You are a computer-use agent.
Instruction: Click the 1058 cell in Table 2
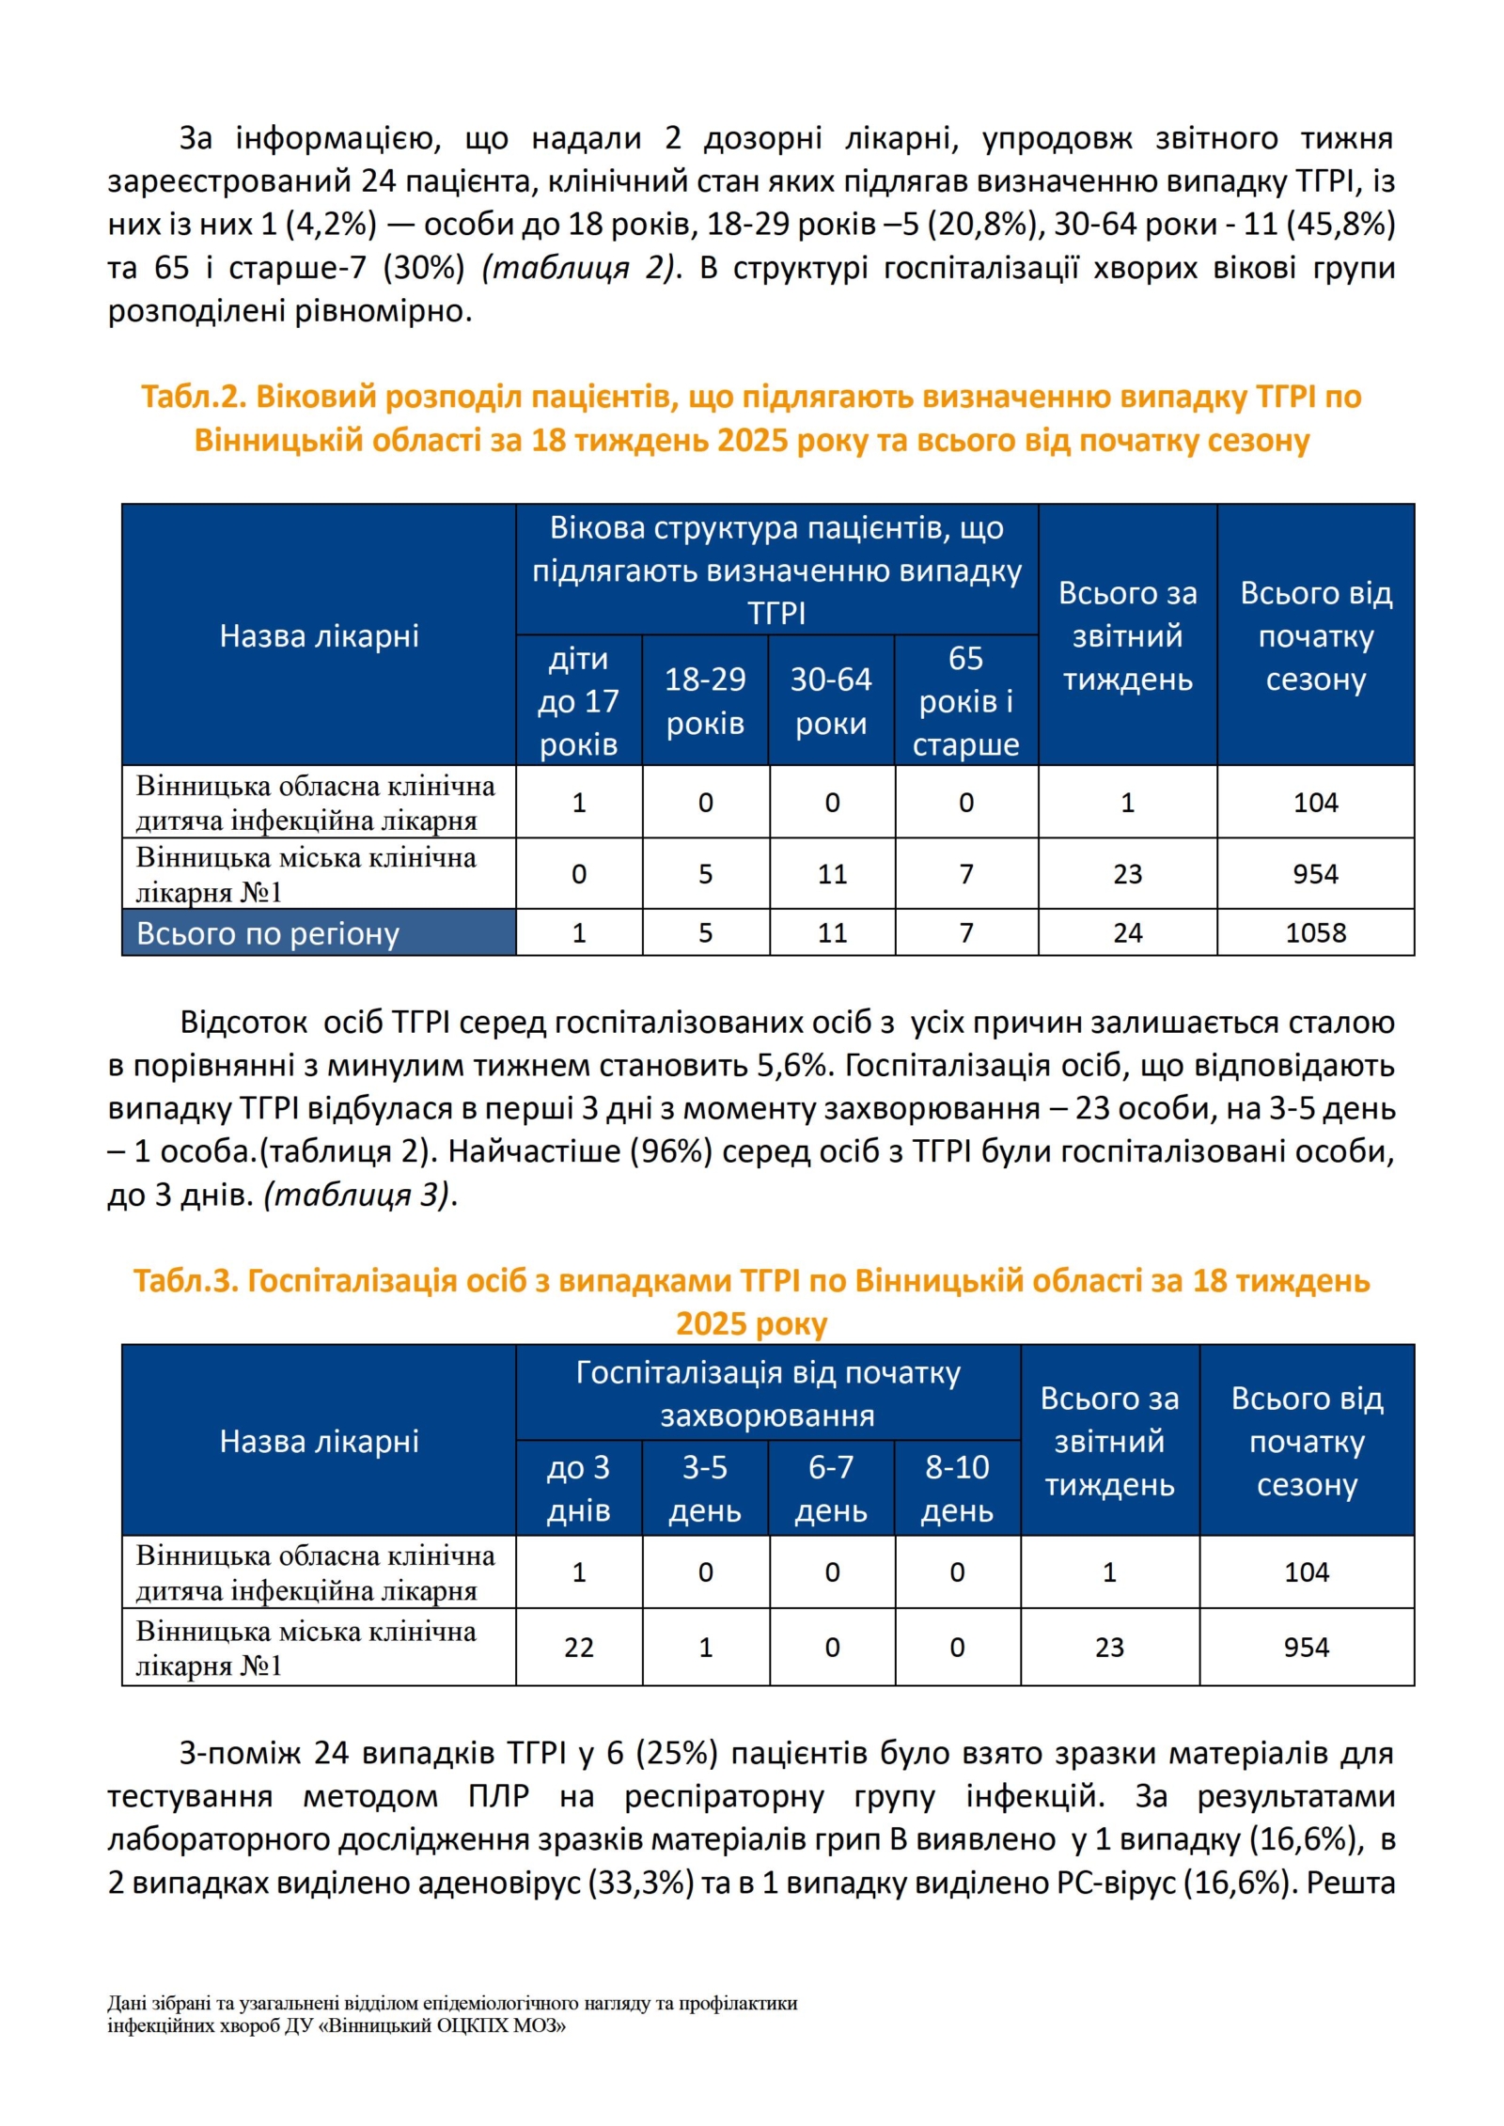click(1315, 932)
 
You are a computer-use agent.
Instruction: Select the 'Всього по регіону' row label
click(268, 933)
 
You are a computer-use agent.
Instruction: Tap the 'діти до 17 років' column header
click(578, 701)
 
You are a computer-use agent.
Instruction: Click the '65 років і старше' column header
click(965, 701)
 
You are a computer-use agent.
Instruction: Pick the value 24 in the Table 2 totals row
click(1127, 932)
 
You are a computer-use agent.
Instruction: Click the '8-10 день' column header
click(957, 1489)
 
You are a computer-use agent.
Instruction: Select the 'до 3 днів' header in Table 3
click(578, 1489)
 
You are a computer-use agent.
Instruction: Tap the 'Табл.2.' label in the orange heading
click(193, 397)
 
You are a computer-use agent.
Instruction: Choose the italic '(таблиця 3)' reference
click(356, 1195)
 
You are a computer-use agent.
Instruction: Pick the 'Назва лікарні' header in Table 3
click(319, 1441)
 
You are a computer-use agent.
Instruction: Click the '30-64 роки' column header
click(831, 701)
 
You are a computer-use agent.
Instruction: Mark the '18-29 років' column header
click(705, 701)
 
